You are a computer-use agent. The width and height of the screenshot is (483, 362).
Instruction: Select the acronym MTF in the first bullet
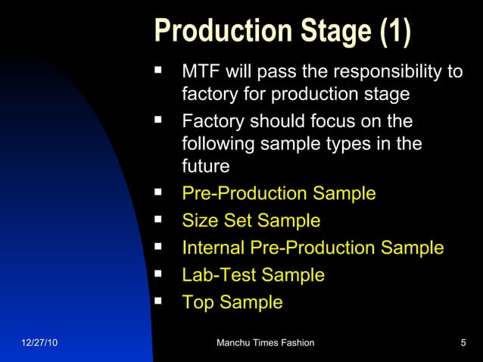tap(200, 72)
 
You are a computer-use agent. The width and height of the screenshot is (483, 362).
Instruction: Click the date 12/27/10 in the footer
tap(38, 344)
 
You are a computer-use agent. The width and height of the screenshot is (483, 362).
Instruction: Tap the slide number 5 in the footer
tap(463, 344)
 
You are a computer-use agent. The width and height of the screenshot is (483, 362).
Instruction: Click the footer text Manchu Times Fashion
tap(265, 344)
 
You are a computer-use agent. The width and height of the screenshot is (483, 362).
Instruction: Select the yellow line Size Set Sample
tap(251, 221)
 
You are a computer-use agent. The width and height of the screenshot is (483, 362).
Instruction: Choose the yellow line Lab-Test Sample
tap(253, 276)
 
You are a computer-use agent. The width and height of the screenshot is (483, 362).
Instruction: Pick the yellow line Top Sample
tap(232, 303)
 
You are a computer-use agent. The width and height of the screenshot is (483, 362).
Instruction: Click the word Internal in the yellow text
tap(215, 248)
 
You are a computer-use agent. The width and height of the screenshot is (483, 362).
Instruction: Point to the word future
tap(205, 167)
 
